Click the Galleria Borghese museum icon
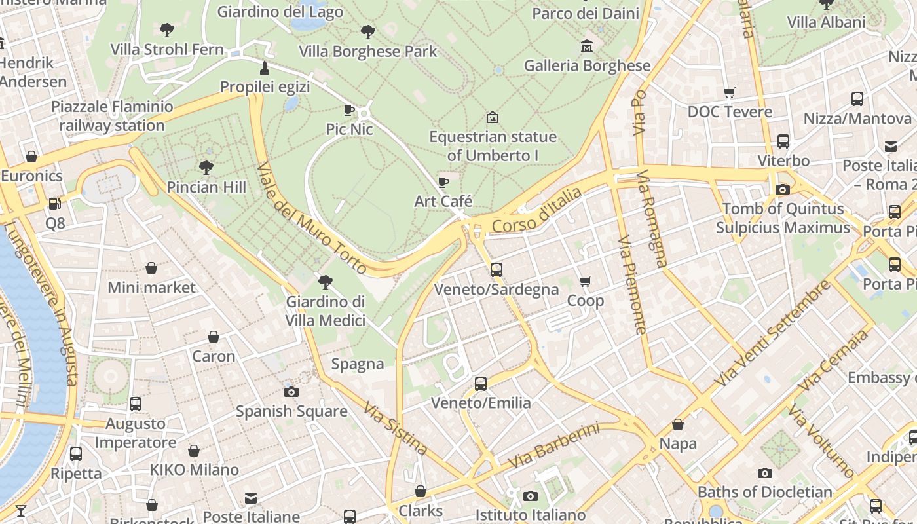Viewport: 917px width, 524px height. tap(586, 47)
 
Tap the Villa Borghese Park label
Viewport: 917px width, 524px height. tap(367, 51)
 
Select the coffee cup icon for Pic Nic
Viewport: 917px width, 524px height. tap(349, 110)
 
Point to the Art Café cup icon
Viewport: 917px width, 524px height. tap(443, 182)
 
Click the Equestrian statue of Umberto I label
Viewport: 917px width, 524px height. tap(493, 146)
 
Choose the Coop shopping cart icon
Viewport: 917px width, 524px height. tap(585, 282)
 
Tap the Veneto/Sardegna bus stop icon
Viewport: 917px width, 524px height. tap(496, 270)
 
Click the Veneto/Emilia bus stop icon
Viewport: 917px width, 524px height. tap(481, 384)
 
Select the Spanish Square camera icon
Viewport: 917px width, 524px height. tap(291, 392)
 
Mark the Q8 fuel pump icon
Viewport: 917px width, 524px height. tap(55, 204)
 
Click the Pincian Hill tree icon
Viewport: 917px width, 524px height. tap(206, 168)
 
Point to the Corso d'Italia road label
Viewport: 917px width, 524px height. tap(536, 210)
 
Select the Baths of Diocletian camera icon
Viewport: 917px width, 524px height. tap(764, 473)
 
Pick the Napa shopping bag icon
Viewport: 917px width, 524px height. tap(678, 424)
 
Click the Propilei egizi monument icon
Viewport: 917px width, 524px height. tap(265, 67)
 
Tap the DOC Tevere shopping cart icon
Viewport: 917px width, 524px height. tap(730, 92)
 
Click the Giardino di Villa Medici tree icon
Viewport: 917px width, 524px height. tap(325, 282)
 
